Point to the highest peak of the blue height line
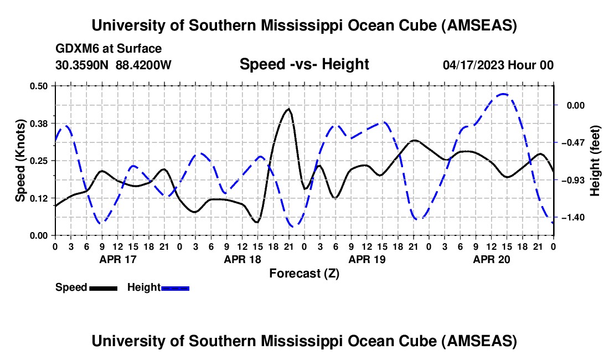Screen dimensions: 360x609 point(503,94)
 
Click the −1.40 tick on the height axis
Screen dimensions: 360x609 point(572,218)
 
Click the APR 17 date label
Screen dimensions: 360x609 point(117,259)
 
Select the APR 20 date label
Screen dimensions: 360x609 point(491,259)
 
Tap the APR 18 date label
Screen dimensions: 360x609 point(241,259)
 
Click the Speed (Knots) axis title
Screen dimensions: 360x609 point(20,160)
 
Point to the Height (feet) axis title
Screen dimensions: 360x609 point(595,160)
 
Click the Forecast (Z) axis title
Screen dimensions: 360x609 point(304,273)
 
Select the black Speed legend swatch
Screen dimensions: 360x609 point(103,287)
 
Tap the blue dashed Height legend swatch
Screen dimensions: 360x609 point(176,287)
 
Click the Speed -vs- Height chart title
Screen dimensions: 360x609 point(304,65)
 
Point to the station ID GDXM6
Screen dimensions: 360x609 point(76,49)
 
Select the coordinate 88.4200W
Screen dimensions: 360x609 point(144,65)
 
